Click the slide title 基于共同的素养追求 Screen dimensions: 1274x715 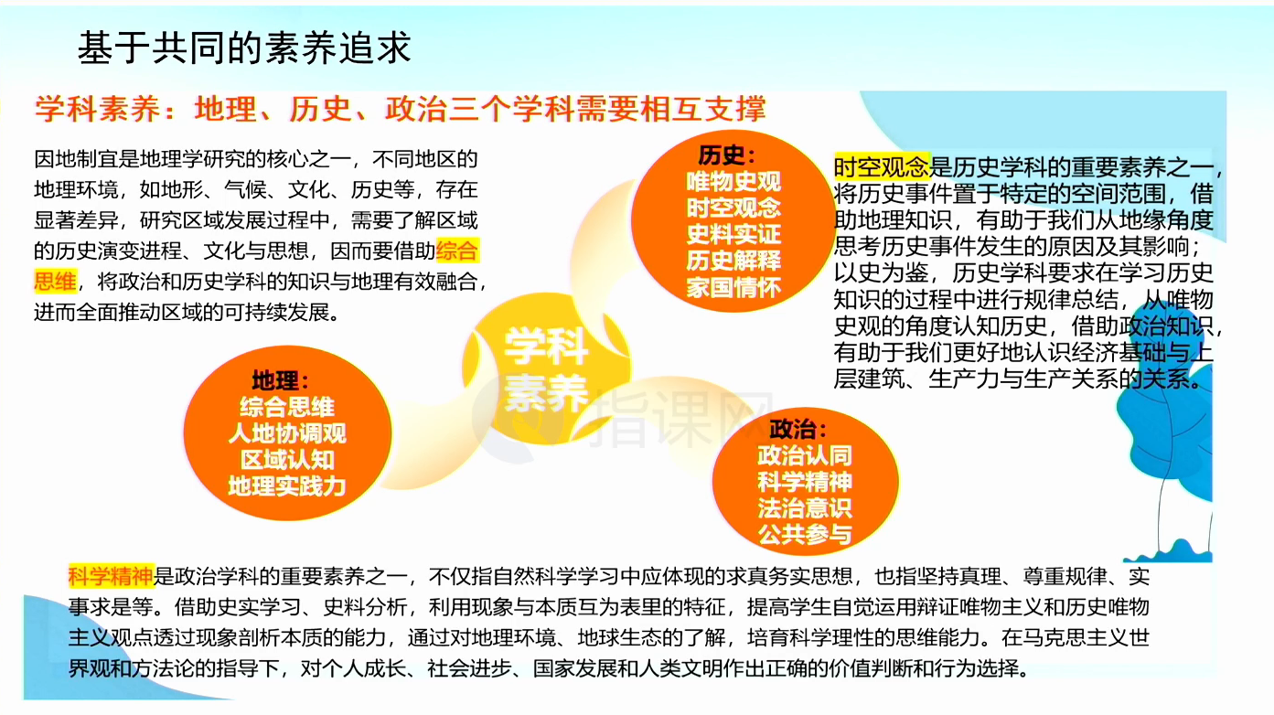(x=244, y=48)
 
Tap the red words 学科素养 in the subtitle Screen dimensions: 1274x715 (x=97, y=109)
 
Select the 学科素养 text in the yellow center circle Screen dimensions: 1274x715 (x=545, y=369)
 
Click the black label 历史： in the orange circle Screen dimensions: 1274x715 (x=727, y=155)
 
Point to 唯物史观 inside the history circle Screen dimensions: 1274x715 (x=733, y=181)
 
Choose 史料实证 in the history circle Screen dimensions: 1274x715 (x=733, y=234)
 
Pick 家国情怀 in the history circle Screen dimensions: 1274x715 (x=733, y=287)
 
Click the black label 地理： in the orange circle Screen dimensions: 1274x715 (x=281, y=380)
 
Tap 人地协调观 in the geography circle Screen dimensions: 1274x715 (x=287, y=433)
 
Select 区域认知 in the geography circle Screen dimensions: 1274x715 (x=287, y=460)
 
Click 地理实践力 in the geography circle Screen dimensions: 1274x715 (x=287, y=486)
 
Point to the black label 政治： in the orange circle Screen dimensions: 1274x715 (x=798, y=429)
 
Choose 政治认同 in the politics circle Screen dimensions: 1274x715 (x=805, y=455)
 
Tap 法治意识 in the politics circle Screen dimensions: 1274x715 (x=805, y=508)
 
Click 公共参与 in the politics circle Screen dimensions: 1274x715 (x=805, y=534)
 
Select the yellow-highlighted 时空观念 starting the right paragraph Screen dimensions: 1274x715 (x=882, y=166)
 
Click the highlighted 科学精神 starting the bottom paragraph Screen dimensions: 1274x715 (x=111, y=576)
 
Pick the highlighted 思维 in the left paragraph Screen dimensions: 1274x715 (x=55, y=282)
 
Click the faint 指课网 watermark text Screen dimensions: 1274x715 (x=680, y=420)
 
